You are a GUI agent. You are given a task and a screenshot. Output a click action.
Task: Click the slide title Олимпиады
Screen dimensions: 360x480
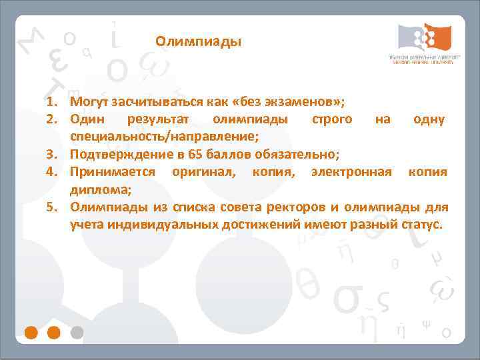coord(199,42)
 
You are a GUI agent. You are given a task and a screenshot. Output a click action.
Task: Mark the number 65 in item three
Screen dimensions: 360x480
coord(195,155)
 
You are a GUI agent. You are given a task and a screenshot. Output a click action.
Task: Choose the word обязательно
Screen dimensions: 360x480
coord(295,155)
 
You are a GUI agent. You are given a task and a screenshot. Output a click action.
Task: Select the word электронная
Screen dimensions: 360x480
coord(350,172)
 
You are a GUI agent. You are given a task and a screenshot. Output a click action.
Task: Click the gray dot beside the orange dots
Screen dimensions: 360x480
coord(77,331)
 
